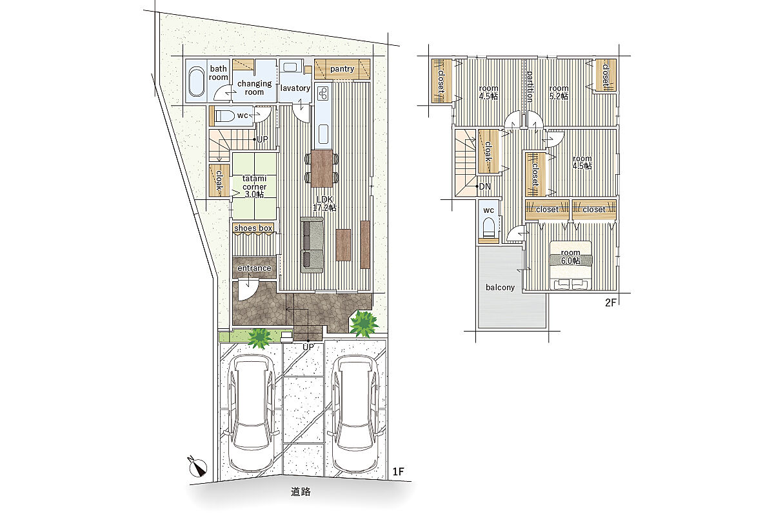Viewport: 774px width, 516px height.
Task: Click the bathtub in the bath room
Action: (196, 81)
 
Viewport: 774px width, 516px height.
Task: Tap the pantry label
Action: (342, 69)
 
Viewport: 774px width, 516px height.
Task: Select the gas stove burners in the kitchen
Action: (324, 92)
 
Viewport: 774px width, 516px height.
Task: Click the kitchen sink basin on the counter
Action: (323, 134)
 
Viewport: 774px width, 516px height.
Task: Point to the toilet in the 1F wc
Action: (224, 116)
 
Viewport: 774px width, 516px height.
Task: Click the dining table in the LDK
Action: (322, 168)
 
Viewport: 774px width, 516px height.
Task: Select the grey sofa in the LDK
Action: (312, 245)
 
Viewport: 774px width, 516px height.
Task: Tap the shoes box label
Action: (253, 228)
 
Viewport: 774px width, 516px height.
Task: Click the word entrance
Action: (254, 268)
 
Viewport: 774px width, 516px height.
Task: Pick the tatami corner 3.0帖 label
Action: (254, 186)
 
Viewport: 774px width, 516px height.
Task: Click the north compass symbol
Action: (198, 467)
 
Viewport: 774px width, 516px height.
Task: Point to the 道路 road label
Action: (301, 491)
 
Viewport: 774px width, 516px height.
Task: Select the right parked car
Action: (356, 413)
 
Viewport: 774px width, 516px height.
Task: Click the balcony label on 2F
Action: (500, 288)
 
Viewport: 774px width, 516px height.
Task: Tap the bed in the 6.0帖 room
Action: (571, 265)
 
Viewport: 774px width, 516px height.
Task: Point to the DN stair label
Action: (484, 186)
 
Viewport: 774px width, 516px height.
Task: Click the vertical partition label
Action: (530, 86)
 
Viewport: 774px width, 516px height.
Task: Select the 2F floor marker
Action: (611, 303)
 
